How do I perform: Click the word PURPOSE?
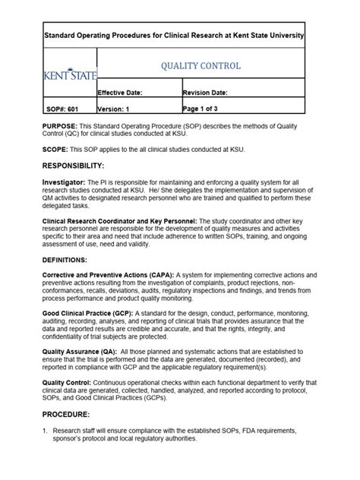coord(58,126)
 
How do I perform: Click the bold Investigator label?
coord(64,182)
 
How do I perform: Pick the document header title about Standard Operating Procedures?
coord(173,36)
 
